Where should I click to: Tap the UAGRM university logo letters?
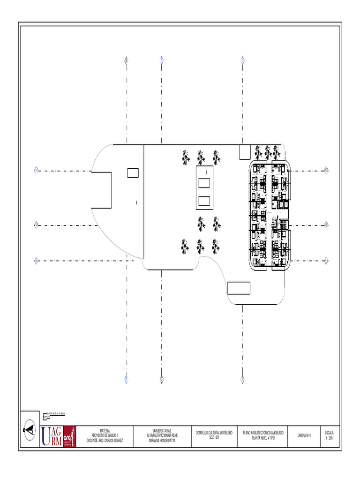[x=51, y=436]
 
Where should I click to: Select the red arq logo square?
[x=69, y=436]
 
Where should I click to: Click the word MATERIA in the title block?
[x=105, y=429]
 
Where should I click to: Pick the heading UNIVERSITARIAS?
[x=162, y=430]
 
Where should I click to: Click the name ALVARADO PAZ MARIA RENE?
[x=162, y=435]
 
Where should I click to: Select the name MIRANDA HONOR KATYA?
[x=162, y=441]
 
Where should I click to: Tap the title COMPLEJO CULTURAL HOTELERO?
[x=214, y=433]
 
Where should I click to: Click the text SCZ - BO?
[x=214, y=438]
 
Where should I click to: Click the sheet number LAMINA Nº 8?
[x=304, y=435]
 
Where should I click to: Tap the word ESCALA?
[x=329, y=433]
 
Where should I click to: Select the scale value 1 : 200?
[x=329, y=438]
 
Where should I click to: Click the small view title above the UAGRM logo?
[x=56, y=414]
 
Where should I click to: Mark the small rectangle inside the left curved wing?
[x=133, y=173]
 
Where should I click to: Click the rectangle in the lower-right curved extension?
[x=239, y=288]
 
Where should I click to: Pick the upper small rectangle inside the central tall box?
[x=204, y=182]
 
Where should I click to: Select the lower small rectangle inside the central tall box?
[x=204, y=201]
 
